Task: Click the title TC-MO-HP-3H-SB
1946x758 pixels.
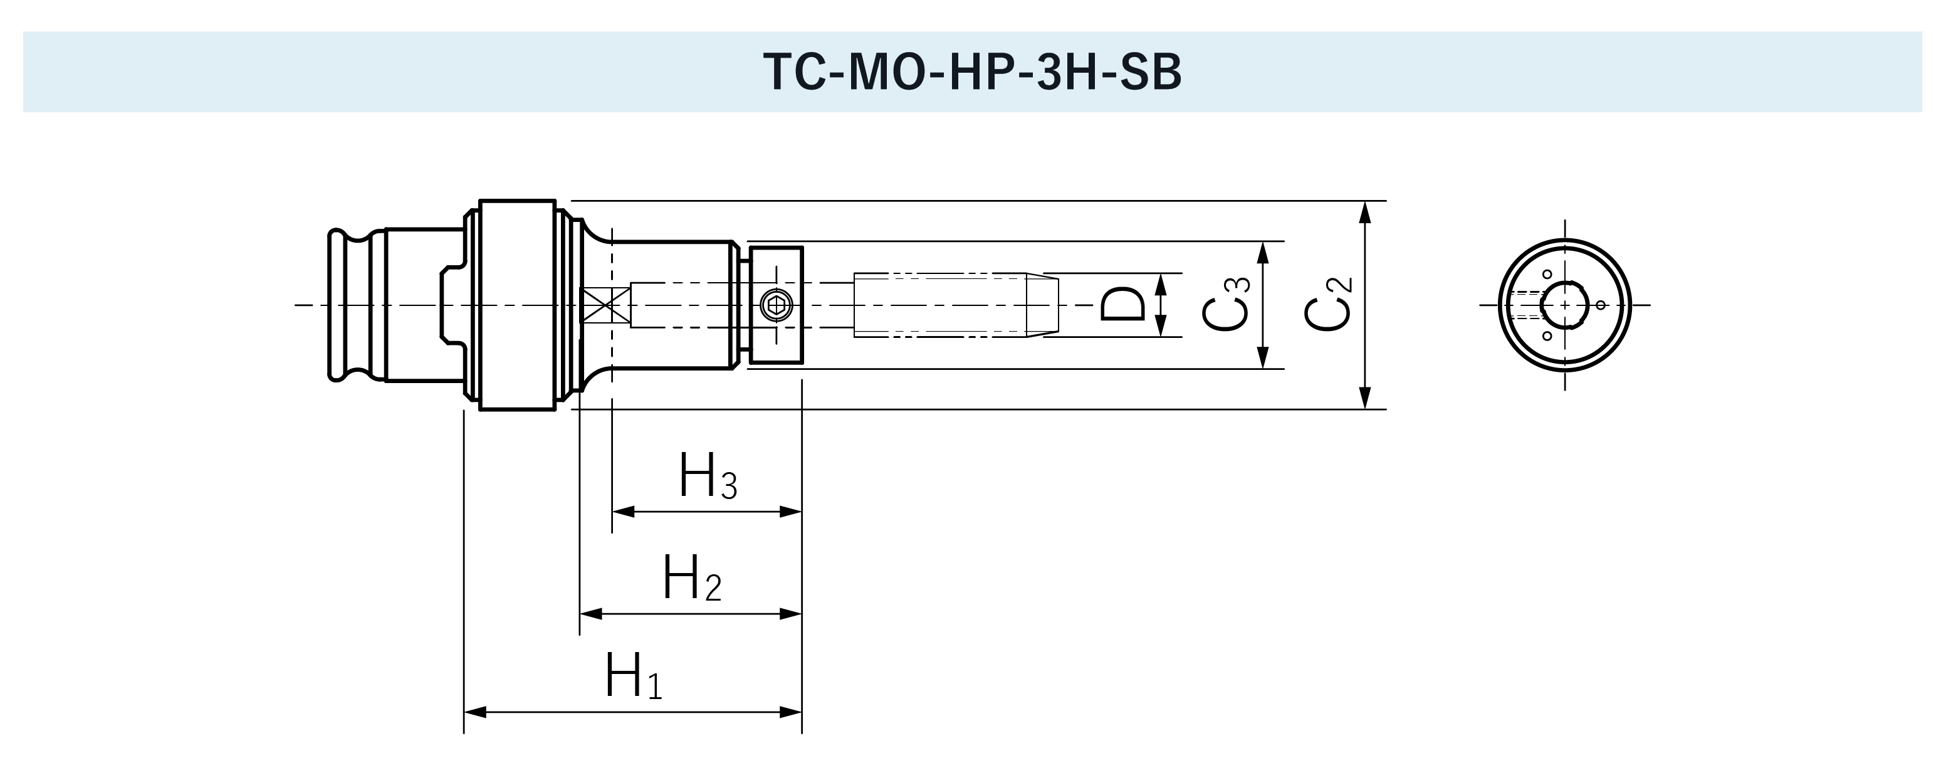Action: (972, 73)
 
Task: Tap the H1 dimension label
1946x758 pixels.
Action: (633, 676)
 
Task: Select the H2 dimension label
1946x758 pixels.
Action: (691, 579)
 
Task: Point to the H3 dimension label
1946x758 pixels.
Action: (707, 476)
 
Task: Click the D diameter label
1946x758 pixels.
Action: (1122, 305)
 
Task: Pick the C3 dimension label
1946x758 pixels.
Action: (1225, 305)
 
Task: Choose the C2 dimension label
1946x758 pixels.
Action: (1327, 305)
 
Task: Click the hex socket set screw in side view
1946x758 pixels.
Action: (776, 305)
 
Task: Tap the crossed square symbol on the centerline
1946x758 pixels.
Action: (605, 305)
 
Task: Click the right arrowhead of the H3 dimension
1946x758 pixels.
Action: (791, 512)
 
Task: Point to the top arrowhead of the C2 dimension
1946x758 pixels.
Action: (1364, 213)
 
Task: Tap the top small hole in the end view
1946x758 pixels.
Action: (1547, 275)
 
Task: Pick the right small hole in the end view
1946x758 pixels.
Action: (1600, 305)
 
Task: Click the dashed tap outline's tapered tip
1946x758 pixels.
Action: (1042, 305)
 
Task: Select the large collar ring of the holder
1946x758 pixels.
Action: (518, 305)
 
